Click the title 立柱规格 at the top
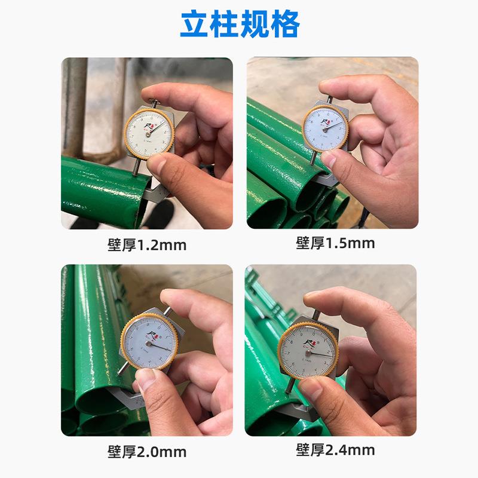click(239, 25)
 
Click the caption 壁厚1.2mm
click(147, 245)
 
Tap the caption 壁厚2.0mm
click(147, 451)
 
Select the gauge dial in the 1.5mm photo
click(326, 127)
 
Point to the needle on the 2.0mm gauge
click(157, 344)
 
